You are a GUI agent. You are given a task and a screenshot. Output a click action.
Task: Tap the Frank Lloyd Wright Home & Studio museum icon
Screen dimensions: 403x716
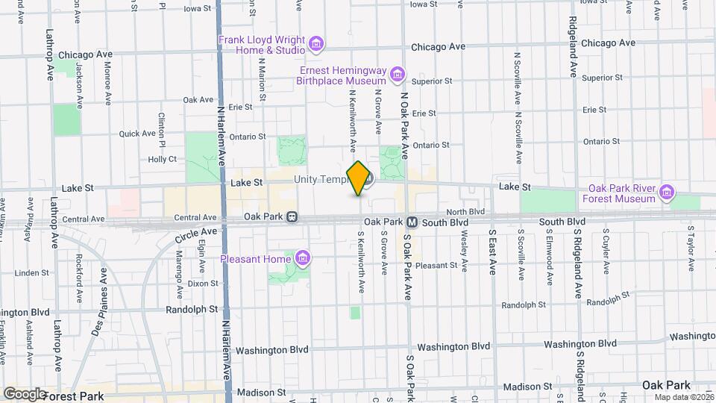316,44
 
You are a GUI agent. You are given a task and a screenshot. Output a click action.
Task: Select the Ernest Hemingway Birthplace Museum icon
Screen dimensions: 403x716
398,74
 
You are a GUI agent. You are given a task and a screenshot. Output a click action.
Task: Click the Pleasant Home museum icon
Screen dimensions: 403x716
302,259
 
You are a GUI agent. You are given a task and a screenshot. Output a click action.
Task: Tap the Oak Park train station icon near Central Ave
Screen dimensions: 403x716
292,218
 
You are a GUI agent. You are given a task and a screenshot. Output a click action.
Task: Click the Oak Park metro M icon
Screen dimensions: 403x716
412,222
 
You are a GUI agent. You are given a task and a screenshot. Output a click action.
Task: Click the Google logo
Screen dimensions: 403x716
24,393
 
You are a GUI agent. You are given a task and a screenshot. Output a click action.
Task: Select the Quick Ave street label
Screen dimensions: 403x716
137,134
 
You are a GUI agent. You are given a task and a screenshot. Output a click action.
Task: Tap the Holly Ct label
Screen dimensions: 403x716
162,159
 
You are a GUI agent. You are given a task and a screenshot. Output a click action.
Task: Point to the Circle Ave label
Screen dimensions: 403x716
195,236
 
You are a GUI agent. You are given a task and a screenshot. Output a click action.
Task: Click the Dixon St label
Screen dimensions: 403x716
203,284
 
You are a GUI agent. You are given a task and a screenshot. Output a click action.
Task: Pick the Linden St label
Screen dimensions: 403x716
31,273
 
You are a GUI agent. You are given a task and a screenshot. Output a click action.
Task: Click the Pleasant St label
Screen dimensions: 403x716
436,266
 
